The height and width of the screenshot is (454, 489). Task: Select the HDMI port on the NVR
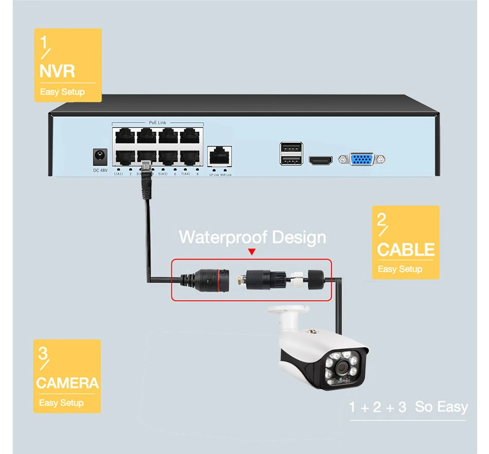tap(320, 160)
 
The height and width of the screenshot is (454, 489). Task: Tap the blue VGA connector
tap(362, 159)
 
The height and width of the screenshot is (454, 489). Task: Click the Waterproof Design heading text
tap(252, 237)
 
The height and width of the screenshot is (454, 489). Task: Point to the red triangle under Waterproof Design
tap(252, 252)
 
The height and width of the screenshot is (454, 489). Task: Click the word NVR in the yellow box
tap(57, 71)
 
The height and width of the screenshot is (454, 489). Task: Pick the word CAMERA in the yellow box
tap(67, 383)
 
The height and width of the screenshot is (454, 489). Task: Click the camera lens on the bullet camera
tap(341, 367)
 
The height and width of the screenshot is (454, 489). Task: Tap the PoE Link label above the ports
tap(158, 123)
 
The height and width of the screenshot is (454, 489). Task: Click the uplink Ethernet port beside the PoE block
tap(220, 156)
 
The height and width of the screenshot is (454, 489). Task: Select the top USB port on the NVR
tap(289, 148)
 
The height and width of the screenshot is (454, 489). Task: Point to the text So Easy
tap(441, 407)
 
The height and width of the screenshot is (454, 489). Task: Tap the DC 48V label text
tap(100, 170)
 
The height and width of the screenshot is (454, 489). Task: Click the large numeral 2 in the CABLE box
tap(381, 221)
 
